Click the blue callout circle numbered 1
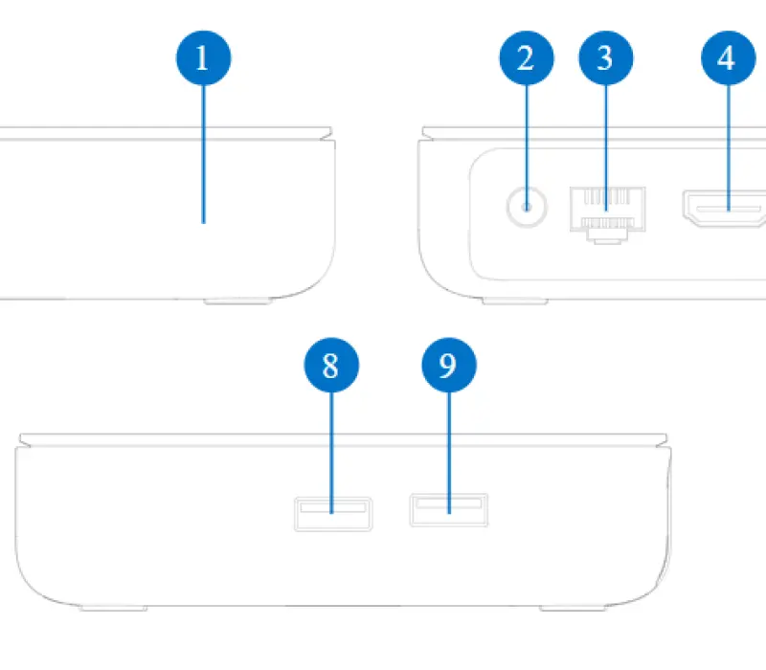click(203, 58)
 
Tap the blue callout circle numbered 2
click(527, 58)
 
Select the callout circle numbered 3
click(606, 58)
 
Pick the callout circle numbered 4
click(729, 58)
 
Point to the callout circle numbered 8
click(331, 365)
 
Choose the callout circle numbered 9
click(449, 365)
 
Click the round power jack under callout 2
click(527, 207)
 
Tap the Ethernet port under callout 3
click(607, 214)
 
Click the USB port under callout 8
click(333, 514)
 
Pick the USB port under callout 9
click(449, 510)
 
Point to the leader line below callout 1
click(204, 154)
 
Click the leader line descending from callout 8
click(331, 453)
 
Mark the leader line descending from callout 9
click(449, 453)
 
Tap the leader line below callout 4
click(729, 148)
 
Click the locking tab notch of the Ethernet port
click(607, 237)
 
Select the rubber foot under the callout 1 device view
click(237, 301)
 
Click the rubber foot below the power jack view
click(515, 301)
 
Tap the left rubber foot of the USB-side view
click(113, 608)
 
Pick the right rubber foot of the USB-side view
click(573, 608)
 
